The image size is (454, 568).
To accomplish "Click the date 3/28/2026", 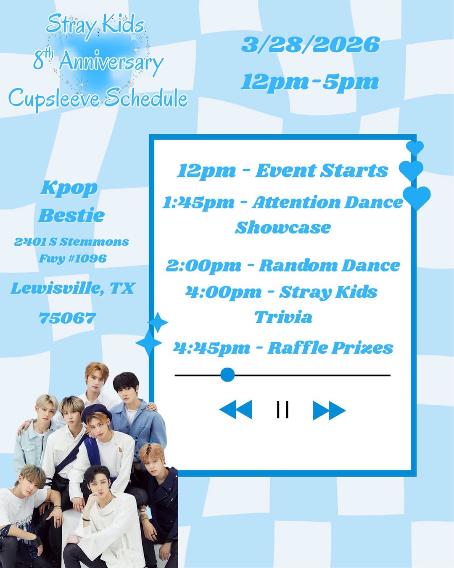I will [x=310, y=45].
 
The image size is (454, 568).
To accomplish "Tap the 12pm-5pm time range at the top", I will [x=310, y=82].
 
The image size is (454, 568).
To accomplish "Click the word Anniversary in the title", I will [x=111, y=62].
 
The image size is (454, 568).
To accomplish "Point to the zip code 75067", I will [x=68, y=318].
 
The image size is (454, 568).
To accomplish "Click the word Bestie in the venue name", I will [x=71, y=215].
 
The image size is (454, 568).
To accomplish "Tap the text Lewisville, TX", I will [x=73, y=288].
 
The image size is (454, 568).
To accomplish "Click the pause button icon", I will [x=282, y=409].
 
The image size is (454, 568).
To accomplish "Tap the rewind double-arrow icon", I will [x=236, y=410].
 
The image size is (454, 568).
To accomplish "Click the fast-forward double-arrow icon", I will [x=329, y=410].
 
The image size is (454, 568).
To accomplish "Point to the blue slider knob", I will [x=227, y=374].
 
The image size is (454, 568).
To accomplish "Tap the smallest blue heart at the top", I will [x=415, y=148].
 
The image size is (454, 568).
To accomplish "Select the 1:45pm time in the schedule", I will [x=198, y=203].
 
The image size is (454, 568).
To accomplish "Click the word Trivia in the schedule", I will [x=283, y=317].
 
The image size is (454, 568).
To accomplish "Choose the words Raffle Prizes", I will [x=330, y=348].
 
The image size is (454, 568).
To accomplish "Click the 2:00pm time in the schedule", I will [x=204, y=266].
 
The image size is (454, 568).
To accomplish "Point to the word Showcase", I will [x=283, y=228].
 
